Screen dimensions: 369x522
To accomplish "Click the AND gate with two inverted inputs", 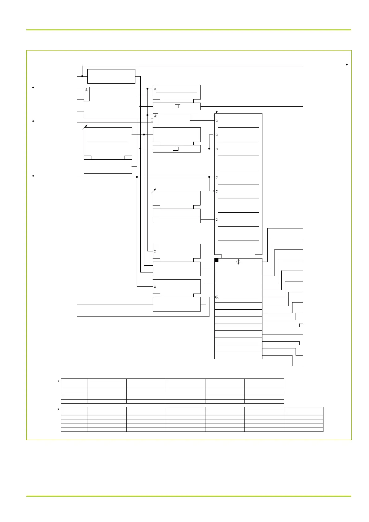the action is coord(156,119).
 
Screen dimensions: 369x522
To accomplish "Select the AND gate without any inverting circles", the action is coord(87,94).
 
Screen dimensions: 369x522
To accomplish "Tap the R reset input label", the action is coord(217,297).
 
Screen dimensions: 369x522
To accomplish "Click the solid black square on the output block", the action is coord(217,260).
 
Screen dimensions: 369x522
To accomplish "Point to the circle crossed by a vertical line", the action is coord(238,262).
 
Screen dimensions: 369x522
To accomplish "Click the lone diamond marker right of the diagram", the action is coord(346,64).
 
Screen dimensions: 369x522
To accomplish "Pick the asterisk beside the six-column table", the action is coord(59,382).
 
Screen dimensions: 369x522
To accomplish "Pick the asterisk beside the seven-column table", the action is coord(59,410).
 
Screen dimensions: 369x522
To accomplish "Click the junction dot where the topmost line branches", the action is coord(82,76).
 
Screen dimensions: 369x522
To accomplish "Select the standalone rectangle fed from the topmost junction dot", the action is coord(111,76).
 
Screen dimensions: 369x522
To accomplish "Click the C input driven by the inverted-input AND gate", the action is coord(217,121).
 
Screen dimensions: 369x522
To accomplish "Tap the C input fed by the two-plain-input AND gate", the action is coord(155,89).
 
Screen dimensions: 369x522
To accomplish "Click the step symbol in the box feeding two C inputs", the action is coord(177,149).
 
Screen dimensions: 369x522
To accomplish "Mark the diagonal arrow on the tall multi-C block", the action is coord(216,112).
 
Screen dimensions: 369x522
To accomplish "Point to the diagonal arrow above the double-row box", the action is coord(154,190).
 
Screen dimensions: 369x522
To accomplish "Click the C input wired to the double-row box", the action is coord(217,220).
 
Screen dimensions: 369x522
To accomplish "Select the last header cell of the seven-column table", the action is coord(304,411).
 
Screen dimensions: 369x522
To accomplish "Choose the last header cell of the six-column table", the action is coord(264,383).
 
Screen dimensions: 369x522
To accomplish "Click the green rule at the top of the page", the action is coord(189,30).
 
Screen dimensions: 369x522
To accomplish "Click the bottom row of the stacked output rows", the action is coord(238,356).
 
